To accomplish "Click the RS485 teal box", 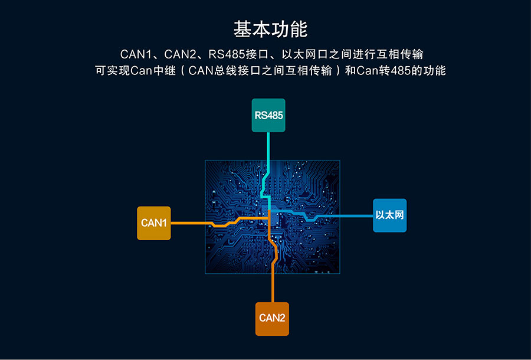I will tap(268, 115).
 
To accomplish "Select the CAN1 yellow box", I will tap(154, 223).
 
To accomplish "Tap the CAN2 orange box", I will tap(272, 318).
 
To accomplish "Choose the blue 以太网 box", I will tap(389, 215).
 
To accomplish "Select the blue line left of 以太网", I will tap(348, 216).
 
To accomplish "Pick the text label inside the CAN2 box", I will tap(272, 318).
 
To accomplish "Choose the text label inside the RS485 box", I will tap(268, 115).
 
